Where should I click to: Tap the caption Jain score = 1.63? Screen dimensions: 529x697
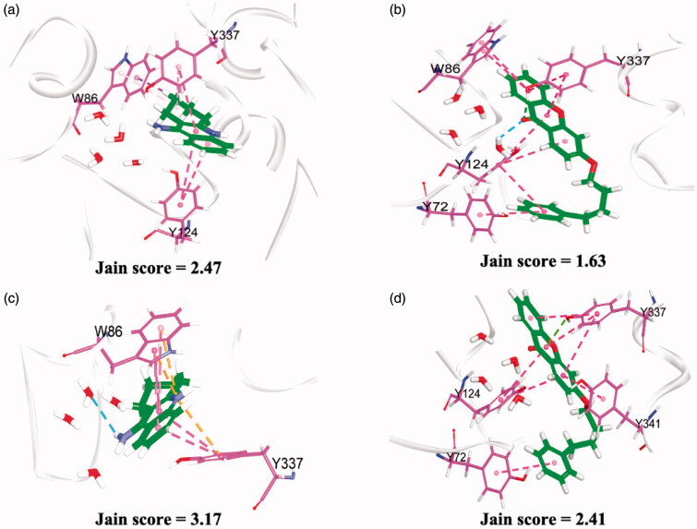point(526,261)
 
